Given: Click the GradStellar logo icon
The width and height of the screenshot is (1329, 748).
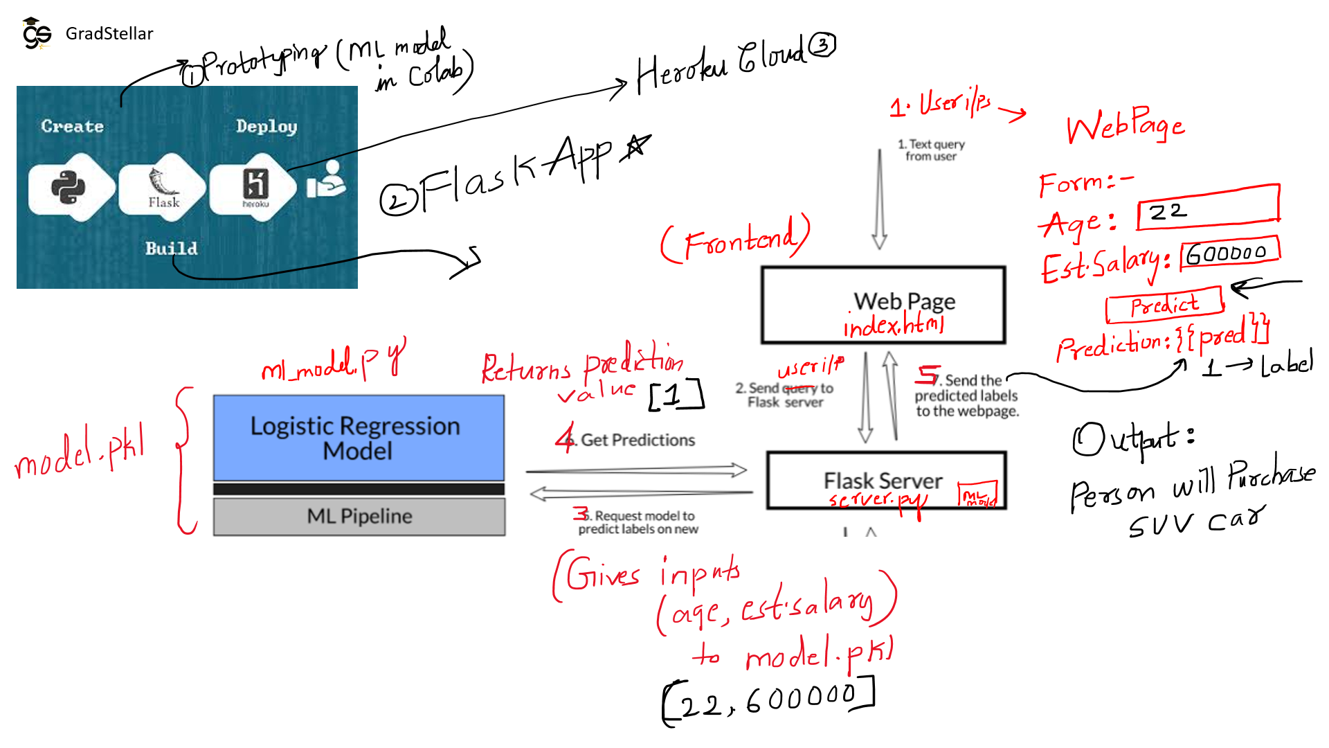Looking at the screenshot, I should pyautogui.click(x=36, y=34).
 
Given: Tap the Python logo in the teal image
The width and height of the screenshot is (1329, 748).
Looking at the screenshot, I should pyautogui.click(x=69, y=186).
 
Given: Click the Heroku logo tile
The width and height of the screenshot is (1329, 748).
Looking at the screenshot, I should pyautogui.click(x=255, y=186).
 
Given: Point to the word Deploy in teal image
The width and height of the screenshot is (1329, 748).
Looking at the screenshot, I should pyautogui.click(x=266, y=126).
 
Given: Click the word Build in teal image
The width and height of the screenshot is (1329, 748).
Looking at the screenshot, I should pyautogui.click(x=171, y=248).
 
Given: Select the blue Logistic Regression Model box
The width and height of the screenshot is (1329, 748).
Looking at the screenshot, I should pyautogui.click(x=359, y=438).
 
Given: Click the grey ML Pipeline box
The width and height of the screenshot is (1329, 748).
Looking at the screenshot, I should pyautogui.click(x=359, y=517).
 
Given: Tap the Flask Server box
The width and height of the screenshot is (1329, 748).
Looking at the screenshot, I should pyautogui.click(x=885, y=481).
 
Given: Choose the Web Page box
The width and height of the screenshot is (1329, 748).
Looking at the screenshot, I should pyautogui.click(x=883, y=305).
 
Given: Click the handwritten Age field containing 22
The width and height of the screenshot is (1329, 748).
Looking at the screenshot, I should pyautogui.click(x=1208, y=208).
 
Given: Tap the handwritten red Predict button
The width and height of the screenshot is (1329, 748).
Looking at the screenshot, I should pyautogui.click(x=1164, y=305).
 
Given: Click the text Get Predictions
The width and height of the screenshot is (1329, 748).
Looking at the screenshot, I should pyautogui.click(x=637, y=440).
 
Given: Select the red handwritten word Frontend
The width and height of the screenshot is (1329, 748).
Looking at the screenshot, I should pyautogui.click(x=736, y=240).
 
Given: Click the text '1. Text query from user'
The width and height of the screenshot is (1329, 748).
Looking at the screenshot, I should pyautogui.click(x=931, y=150).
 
